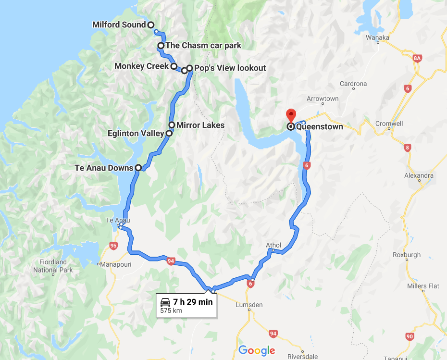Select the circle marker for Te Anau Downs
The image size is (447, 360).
(x=138, y=168)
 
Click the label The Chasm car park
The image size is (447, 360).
(x=203, y=46)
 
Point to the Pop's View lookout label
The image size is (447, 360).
(x=230, y=68)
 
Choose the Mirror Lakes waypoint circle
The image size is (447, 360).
(x=172, y=125)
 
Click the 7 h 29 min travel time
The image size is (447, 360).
(x=193, y=302)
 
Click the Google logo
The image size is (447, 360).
(x=257, y=350)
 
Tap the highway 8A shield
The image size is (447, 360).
(x=417, y=58)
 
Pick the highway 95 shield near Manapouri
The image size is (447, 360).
(x=113, y=246)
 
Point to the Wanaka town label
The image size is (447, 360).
(x=377, y=37)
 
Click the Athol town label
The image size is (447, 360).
(x=273, y=245)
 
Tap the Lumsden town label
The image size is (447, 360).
(x=249, y=305)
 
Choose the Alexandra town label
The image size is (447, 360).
(x=419, y=175)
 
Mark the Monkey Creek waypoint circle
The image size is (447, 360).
(x=174, y=66)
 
